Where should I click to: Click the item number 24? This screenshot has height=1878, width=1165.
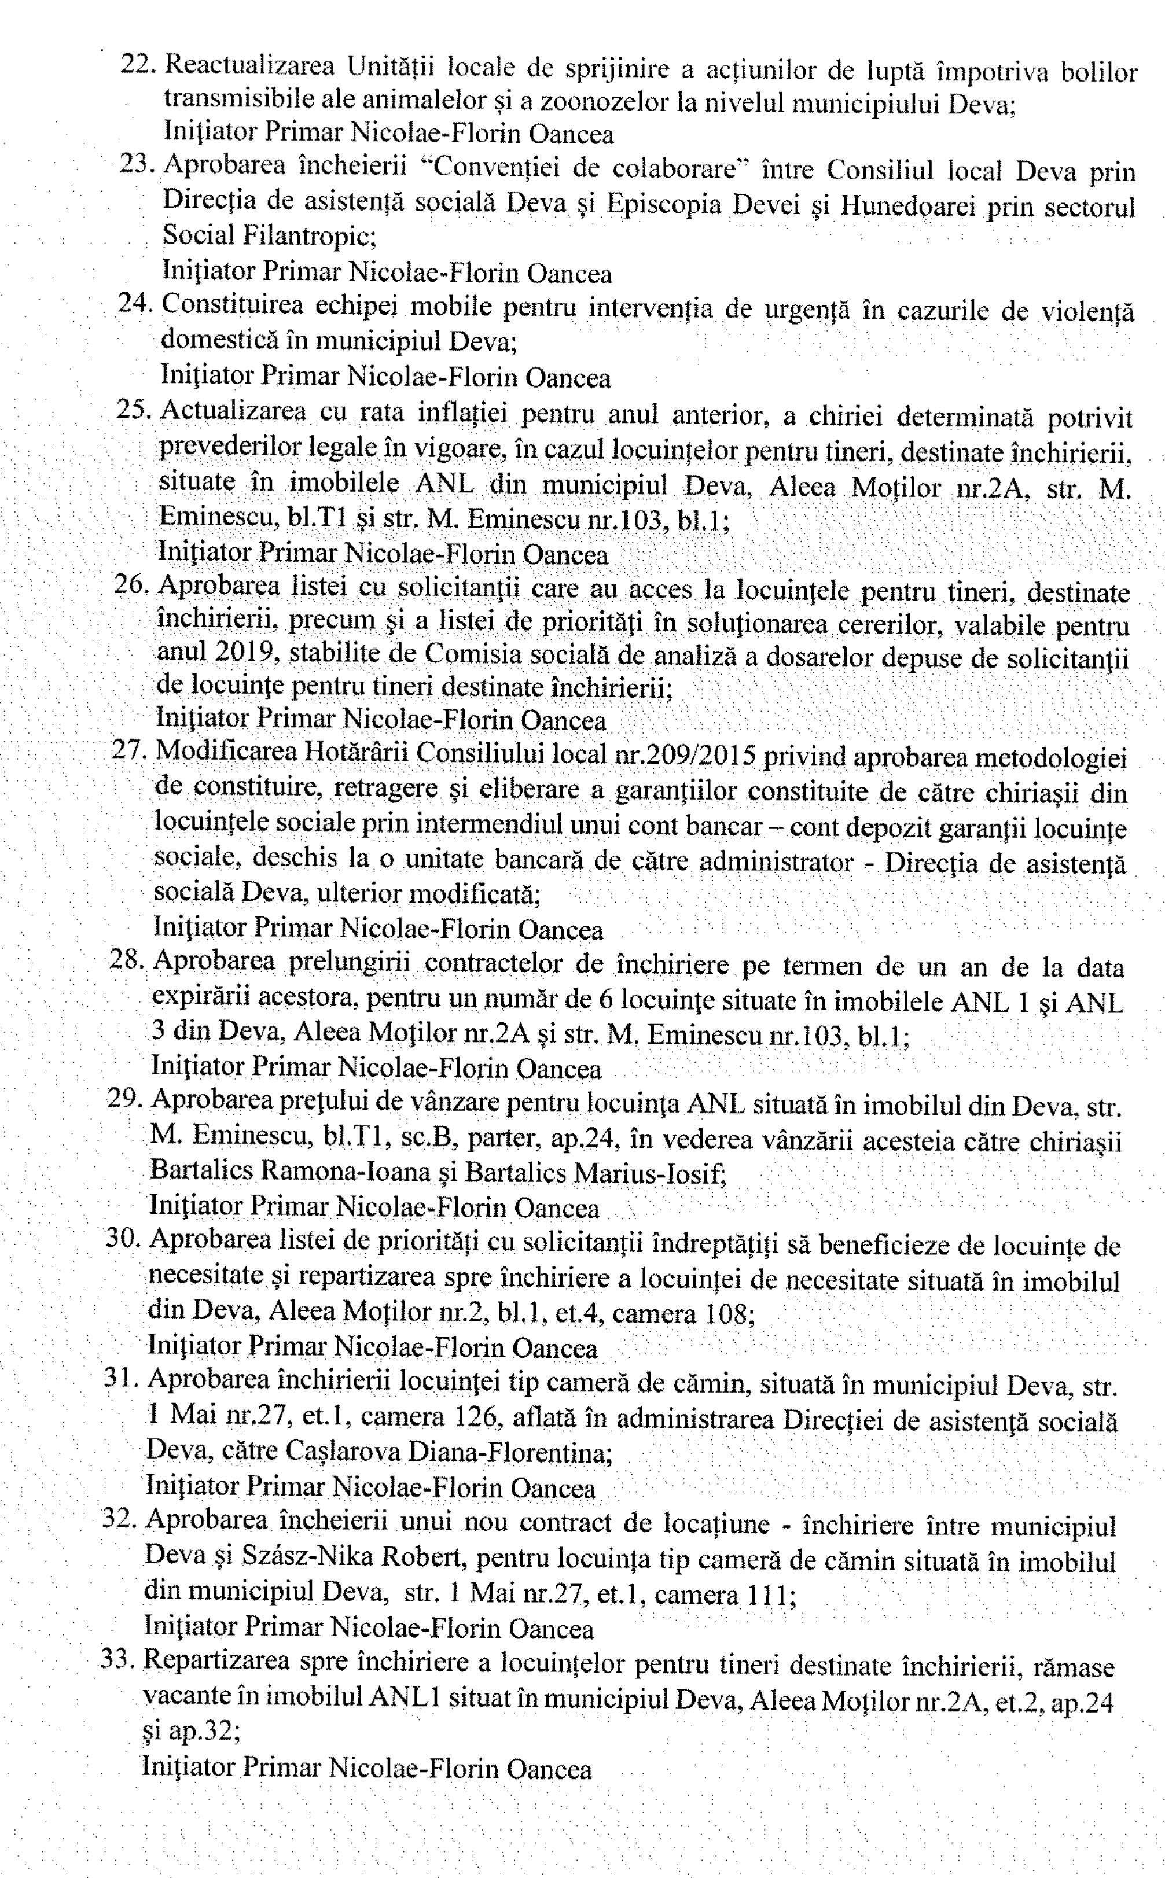tap(135, 304)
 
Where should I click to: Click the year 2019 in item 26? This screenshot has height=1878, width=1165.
tap(246, 653)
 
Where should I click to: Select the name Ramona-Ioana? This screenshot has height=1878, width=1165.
tap(345, 1172)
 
